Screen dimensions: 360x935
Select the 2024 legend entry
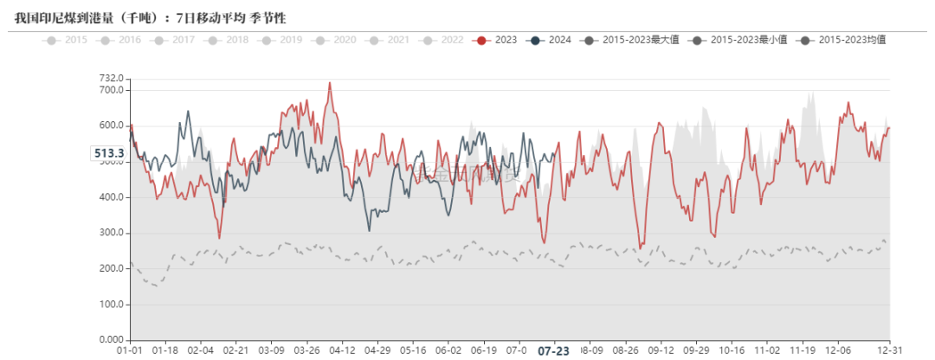coord(551,40)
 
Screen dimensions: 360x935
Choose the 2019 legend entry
coord(283,40)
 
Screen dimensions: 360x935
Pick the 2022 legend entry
coord(443,40)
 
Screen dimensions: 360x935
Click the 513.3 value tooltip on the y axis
coord(108,153)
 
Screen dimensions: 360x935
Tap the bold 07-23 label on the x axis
coord(554,351)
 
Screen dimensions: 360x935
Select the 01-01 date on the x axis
coord(130,351)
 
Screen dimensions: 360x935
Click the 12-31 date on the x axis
coord(890,351)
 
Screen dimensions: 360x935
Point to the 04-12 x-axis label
coord(343,351)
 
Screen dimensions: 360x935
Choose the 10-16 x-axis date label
coord(732,351)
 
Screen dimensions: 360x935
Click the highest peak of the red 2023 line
coord(330,83)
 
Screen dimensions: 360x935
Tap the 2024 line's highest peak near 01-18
coord(188,112)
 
